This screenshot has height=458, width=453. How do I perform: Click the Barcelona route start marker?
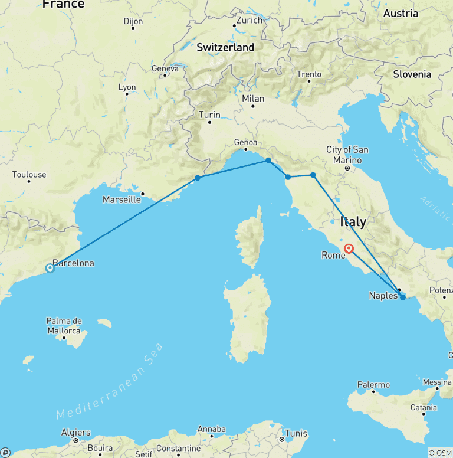[50, 269]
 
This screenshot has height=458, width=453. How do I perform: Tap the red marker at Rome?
[349, 250]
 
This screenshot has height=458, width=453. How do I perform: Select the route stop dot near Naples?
[403, 297]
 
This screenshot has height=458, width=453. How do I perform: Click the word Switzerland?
[225, 47]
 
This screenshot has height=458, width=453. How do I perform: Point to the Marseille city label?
[122, 199]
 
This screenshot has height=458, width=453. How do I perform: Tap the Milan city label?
[252, 99]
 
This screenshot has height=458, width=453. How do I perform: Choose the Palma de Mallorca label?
[64, 326]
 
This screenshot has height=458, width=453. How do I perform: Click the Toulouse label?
[29, 175]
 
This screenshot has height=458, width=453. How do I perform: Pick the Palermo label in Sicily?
[373, 385]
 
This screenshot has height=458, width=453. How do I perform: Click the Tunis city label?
[296, 433]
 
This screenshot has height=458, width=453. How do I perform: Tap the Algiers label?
[76, 433]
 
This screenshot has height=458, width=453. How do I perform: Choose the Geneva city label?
[165, 68]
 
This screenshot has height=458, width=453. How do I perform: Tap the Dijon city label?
[133, 22]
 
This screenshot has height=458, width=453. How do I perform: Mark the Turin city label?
[209, 115]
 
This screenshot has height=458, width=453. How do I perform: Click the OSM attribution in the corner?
[440, 453]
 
